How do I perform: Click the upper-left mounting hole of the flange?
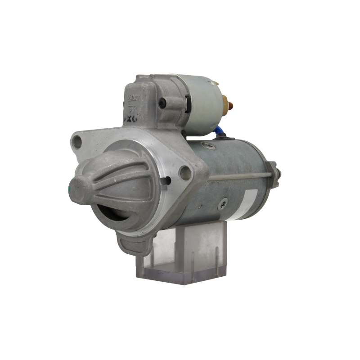tap(77, 141)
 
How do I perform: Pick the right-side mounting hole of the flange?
tap(184, 171)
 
